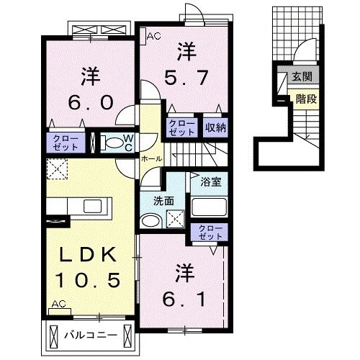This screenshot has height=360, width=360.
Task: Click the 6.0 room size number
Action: tap(89, 102)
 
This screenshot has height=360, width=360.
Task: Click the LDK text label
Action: tap(89, 254)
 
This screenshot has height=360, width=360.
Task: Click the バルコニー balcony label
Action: tap(89, 335)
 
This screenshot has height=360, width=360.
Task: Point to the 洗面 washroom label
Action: tap(161, 201)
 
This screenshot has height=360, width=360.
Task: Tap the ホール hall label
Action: tap(150, 157)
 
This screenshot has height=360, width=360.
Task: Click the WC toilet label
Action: tap(126, 142)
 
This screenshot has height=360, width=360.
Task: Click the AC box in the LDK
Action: tap(60, 305)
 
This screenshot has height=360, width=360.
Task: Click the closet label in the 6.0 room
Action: tap(65, 142)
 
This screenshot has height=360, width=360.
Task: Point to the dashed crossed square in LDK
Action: tap(58, 171)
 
